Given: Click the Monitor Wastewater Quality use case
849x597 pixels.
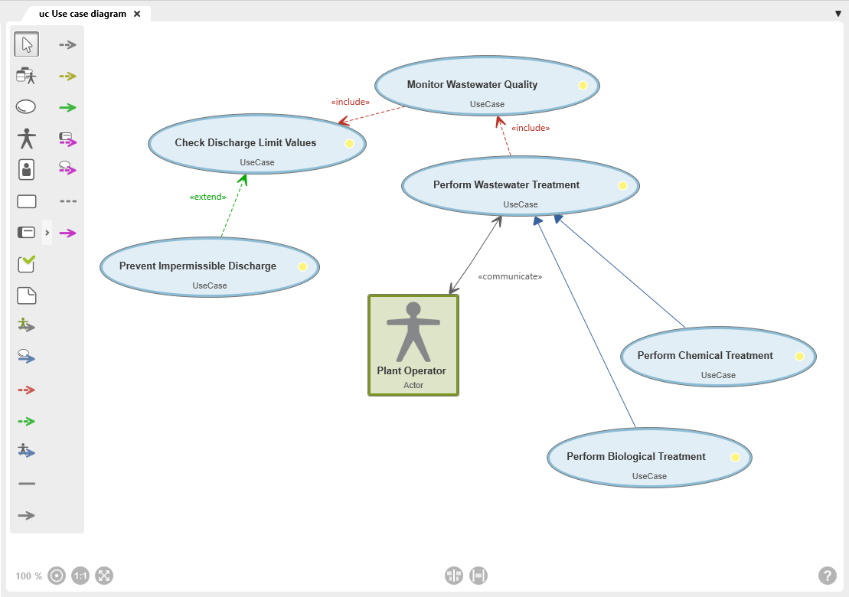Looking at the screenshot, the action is tap(487, 86).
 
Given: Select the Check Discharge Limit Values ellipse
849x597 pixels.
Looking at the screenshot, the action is tap(257, 144).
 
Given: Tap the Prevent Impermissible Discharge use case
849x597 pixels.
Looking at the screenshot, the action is tap(210, 267).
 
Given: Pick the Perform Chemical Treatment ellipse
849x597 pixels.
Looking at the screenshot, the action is tap(718, 356).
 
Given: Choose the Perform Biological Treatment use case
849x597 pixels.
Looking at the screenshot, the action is tap(649, 458).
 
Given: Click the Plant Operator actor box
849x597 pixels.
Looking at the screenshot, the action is tap(413, 345).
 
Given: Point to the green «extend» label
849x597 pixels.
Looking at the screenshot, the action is tap(208, 197).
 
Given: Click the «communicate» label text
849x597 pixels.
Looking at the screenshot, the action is tap(510, 276).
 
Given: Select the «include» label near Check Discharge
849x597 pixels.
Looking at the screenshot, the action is tap(351, 102).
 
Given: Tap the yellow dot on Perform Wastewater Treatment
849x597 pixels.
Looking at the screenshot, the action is tap(622, 186).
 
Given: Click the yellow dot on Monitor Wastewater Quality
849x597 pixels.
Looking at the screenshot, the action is tap(583, 86).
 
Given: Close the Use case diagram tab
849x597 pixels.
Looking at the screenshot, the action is tap(137, 14).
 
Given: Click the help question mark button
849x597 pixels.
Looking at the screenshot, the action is tap(827, 576).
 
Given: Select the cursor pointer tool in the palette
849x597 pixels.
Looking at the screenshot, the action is tap(27, 44).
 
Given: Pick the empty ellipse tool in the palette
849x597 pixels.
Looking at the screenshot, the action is tap(26, 106).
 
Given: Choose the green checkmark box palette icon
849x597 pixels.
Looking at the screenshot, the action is tap(27, 263).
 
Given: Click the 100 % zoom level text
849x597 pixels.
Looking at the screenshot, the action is tap(28, 576).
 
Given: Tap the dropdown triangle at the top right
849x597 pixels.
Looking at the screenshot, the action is tap(838, 14).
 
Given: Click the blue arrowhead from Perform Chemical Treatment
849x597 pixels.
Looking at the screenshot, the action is tap(558, 219).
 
